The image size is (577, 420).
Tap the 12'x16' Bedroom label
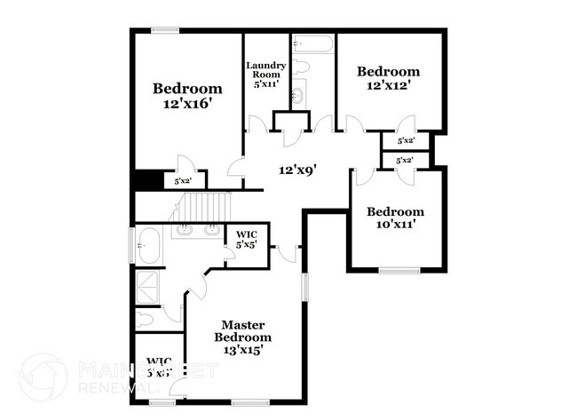(186, 96)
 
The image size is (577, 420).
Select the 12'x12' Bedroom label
(388, 79)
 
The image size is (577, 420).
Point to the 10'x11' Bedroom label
(395, 218)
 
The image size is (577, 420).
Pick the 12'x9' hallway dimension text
(297, 169)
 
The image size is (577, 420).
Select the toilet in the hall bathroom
(300, 67)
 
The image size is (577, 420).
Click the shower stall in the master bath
(145, 286)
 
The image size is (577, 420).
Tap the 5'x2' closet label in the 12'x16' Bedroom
(184, 181)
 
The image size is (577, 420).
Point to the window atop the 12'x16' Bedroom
(164, 31)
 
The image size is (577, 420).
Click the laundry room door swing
(257, 124)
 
